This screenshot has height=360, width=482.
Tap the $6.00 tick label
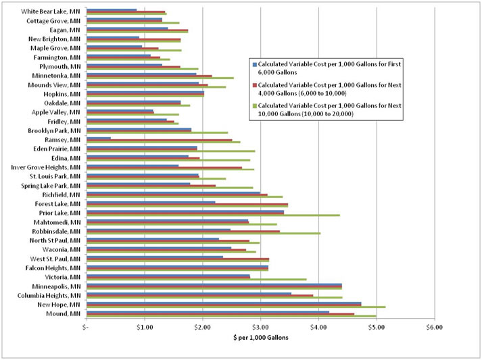point(433,328)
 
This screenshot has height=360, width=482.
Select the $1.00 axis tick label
point(143,328)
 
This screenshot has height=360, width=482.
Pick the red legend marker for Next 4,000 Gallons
point(254,84)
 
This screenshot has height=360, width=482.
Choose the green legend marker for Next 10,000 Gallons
point(254,105)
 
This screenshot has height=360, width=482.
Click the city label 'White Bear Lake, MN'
point(51,11)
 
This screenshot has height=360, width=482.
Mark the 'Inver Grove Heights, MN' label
point(45,167)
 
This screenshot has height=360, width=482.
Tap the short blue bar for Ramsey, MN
point(99,138)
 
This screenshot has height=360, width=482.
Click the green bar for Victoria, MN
point(197,279)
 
